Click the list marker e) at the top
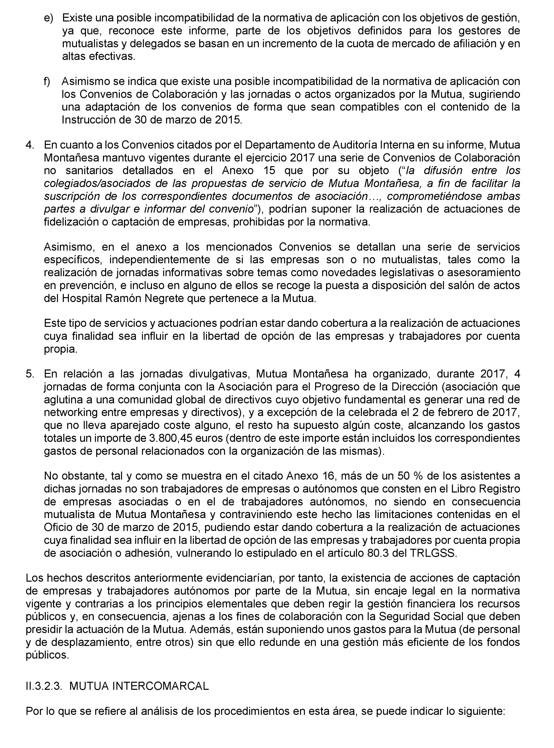click(x=48, y=18)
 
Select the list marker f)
click(x=47, y=81)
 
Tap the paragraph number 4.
click(x=30, y=145)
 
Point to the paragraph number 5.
click(x=30, y=373)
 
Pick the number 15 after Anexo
click(x=269, y=170)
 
